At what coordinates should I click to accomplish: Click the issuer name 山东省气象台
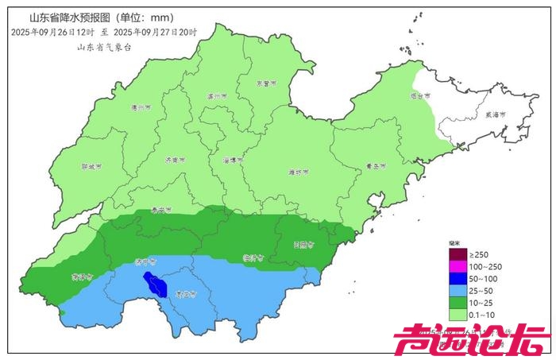103,47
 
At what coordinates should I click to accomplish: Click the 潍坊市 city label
296,170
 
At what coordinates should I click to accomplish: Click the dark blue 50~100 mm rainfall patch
155,282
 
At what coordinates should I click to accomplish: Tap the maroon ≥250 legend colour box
458,254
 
